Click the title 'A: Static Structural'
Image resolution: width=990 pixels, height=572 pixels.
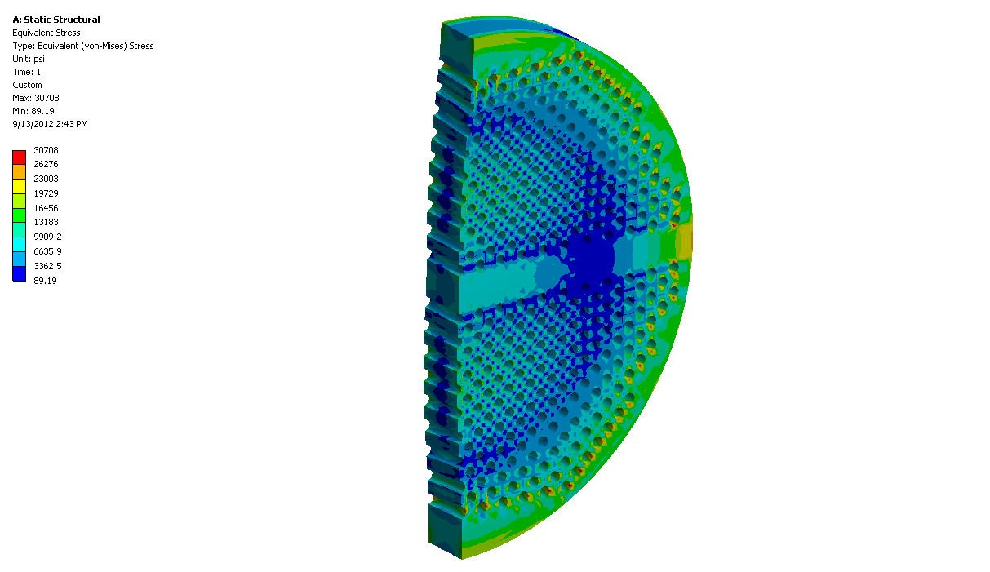(x=56, y=20)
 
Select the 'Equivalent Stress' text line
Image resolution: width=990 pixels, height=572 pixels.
(x=47, y=33)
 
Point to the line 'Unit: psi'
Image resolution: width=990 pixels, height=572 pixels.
(x=29, y=59)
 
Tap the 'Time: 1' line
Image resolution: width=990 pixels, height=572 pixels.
(x=26, y=72)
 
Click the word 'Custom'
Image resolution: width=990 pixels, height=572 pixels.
(x=28, y=85)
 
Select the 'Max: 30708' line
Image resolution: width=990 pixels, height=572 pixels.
(x=36, y=98)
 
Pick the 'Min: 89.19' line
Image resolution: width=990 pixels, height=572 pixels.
(x=33, y=111)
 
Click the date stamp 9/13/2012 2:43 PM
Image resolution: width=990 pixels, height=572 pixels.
(x=50, y=124)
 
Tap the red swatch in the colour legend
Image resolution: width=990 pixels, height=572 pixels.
(x=19, y=157)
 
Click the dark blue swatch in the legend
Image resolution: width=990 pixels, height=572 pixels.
(x=19, y=273)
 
